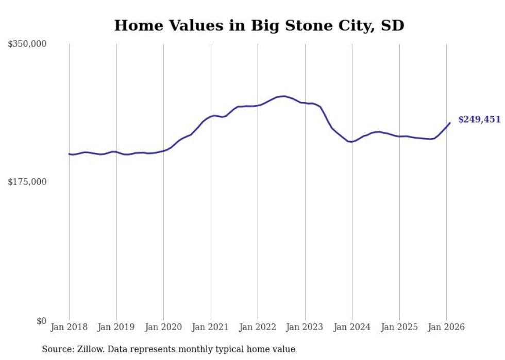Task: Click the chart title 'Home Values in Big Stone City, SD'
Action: coord(259,25)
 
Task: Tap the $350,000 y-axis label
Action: coord(27,44)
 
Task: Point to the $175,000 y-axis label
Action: coord(27,182)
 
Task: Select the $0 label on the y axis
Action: coord(41,321)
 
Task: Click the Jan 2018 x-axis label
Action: coord(69,327)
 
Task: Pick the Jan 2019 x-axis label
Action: coord(116,327)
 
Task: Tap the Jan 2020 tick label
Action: coord(163,327)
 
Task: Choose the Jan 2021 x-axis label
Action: coord(211,327)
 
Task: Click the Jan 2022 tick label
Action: coord(258,327)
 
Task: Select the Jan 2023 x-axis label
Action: coord(305,327)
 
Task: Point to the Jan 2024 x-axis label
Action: coord(352,327)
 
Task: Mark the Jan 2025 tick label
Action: coord(399,327)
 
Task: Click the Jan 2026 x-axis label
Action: coord(446,327)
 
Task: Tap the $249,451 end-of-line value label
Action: coord(479,119)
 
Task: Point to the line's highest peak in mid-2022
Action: coord(283,96)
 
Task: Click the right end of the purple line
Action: coord(450,123)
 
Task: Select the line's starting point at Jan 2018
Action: coord(69,154)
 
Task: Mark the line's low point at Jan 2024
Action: coord(351,142)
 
